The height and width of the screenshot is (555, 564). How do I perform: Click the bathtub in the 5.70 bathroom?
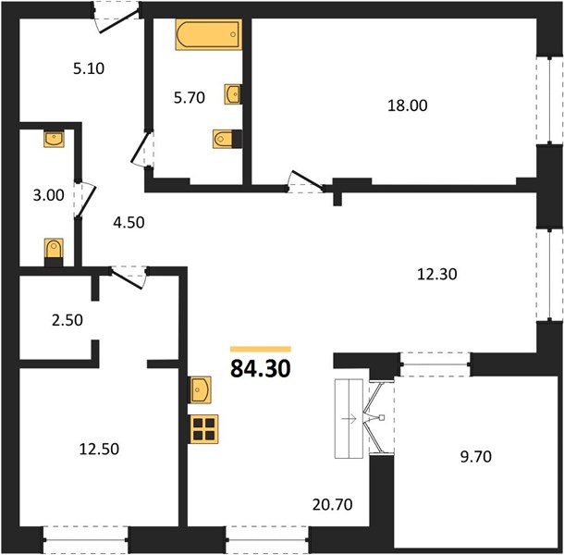208,34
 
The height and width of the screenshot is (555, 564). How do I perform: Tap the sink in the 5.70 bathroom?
232,94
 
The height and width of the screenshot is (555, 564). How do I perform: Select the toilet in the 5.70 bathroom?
227,139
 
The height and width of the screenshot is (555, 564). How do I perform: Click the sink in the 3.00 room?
54,139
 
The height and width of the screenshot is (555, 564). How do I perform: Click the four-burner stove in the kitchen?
204,429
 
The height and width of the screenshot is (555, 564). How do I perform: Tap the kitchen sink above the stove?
200,389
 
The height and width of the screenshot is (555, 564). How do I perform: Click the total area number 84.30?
261,369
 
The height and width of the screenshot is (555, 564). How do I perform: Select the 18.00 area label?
408,105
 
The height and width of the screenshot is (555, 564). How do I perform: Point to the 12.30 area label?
437,274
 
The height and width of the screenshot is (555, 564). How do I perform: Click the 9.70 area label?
476,457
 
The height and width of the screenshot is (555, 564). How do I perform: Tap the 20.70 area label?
332,505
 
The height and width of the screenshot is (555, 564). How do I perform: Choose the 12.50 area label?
99,450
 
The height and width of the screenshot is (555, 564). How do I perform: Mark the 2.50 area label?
67,320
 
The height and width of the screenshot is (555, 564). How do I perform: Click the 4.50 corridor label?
129,223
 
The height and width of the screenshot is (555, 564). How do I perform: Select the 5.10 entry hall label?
89,68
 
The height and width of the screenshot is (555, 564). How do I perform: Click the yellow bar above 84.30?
261,349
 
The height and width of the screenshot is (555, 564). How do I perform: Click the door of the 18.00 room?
306,180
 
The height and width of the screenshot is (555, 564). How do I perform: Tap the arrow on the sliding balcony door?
349,419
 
